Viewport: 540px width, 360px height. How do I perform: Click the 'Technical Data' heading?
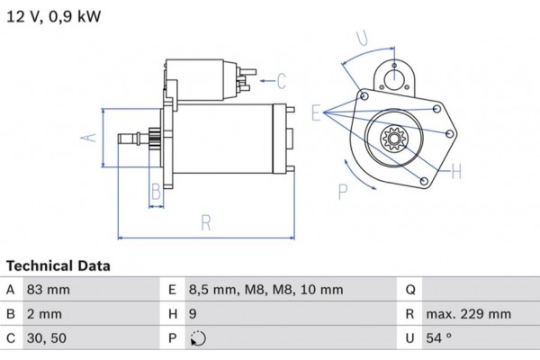point(58,266)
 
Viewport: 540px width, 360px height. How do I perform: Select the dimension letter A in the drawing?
point(89,138)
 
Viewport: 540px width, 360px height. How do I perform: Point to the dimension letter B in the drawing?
point(155,191)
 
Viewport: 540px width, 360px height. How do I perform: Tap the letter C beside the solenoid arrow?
point(281,82)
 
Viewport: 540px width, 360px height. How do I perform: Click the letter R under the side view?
point(206,220)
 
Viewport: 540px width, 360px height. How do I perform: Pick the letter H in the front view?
point(456,169)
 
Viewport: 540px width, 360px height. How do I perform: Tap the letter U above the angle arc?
point(361,38)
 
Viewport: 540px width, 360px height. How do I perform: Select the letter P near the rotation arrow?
point(343,190)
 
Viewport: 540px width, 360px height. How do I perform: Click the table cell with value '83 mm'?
point(50,290)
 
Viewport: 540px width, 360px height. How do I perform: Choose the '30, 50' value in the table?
point(49,339)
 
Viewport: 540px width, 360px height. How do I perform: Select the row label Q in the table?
point(410,290)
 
